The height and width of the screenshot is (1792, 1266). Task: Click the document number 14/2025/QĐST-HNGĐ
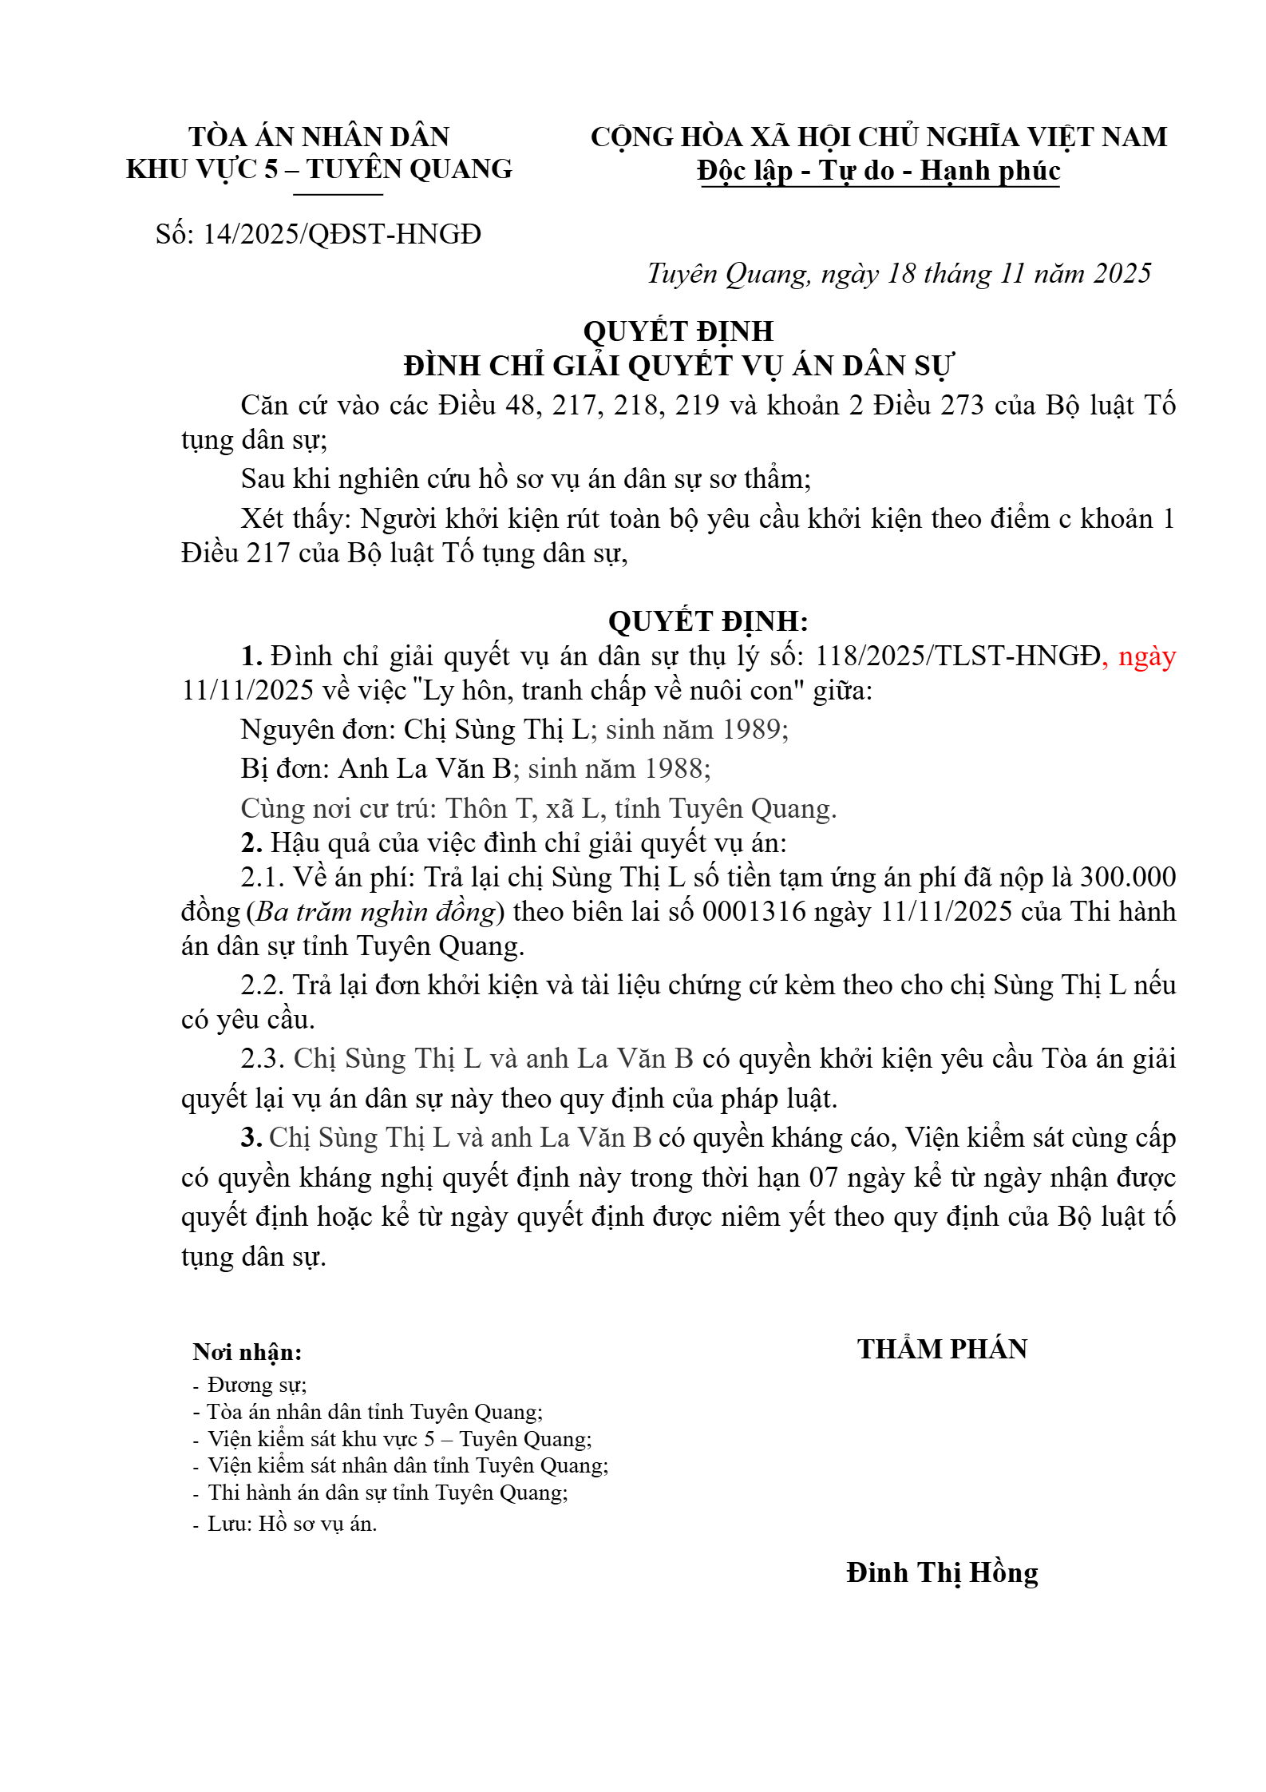pyautogui.click(x=342, y=235)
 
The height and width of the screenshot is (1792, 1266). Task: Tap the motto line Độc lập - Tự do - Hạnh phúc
pyautogui.click(x=878, y=171)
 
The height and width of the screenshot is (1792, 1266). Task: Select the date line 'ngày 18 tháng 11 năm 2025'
pyautogui.click(x=987, y=274)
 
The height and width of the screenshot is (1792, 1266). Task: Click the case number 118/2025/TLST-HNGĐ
pyautogui.click(x=957, y=656)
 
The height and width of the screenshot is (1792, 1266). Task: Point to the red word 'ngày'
pyautogui.click(x=1147, y=656)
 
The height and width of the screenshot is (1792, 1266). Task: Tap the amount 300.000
pyautogui.click(x=1127, y=878)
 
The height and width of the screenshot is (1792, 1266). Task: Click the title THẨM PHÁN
pyautogui.click(x=942, y=1350)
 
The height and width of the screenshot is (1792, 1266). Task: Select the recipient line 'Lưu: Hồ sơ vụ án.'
pyautogui.click(x=292, y=1524)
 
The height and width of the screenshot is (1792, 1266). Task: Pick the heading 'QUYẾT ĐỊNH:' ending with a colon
pyautogui.click(x=708, y=621)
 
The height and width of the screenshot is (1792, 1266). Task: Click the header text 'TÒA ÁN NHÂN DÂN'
pyautogui.click(x=319, y=137)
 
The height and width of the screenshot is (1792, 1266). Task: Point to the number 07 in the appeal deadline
pyautogui.click(x=824, y=1178)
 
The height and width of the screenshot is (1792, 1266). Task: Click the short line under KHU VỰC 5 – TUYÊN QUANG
pyautogui.click(x=338, y=194)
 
